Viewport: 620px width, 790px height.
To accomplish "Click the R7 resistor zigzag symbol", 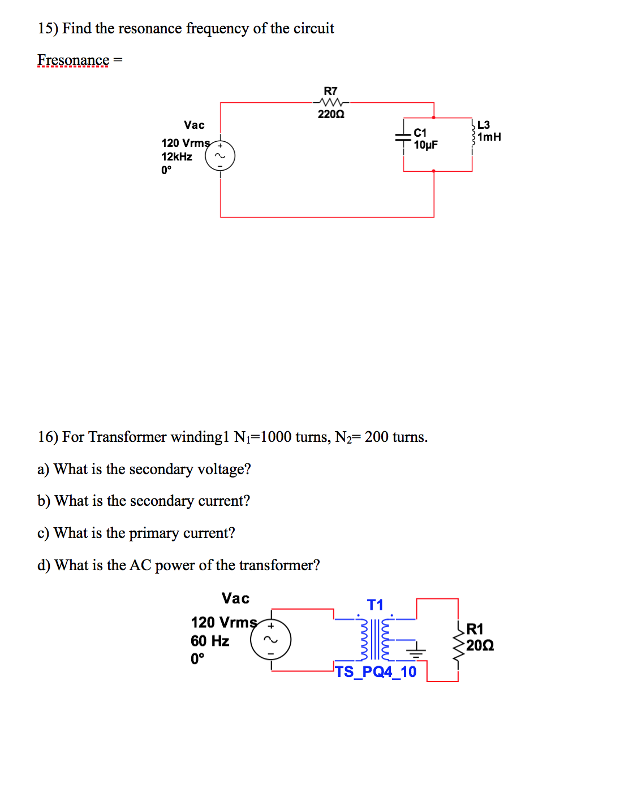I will (x=330, y=102).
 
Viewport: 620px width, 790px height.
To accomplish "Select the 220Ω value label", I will (x=331, y=114).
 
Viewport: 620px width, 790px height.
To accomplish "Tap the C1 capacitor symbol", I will (x=403, y=137).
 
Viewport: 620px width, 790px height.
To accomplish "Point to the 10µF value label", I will (x=425, y=145).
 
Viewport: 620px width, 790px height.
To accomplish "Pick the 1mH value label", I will (x=489, y=137).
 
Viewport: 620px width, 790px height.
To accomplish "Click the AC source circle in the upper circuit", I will (x=220, y=157).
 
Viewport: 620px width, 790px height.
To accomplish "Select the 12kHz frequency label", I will (x=176, y=157).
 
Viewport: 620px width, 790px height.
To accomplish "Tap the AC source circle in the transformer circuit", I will (x=271, y=640).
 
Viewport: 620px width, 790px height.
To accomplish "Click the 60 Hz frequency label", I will (x=210, y=641).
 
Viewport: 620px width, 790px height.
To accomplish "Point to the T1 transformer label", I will (x=375, y=605).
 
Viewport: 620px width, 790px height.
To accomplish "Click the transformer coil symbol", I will (x=375, y=639).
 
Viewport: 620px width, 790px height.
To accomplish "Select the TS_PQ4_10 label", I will (x=376, y=671).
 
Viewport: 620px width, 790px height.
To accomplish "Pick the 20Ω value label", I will (x=480, y=645).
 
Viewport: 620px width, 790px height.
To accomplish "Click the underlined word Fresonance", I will (x=73, y=60).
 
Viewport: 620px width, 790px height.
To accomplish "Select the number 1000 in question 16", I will (x=276, y=437).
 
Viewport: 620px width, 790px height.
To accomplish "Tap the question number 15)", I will (x=48, y=28).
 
